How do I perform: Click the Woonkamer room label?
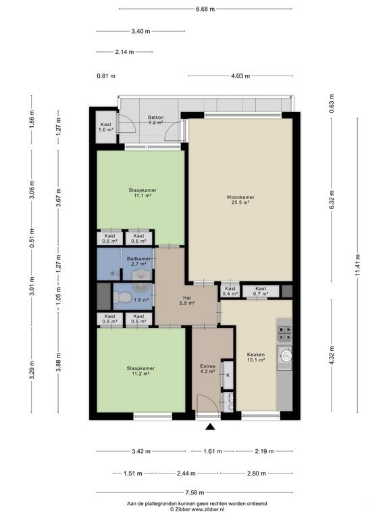(x=240, y=200)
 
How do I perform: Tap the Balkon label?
(x=155, y=119)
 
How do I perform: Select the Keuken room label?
(x=256, y=357)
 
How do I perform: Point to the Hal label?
(x=187, y=300)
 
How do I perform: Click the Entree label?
(x=208, y=369)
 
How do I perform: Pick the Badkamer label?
(x=138, y=261)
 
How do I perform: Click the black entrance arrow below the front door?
(x=210, y=427)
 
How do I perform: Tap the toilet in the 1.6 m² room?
(x=121, y=297)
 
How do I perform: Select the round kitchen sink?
(x=286, y=355)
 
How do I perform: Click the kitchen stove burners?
(x=284, y=333)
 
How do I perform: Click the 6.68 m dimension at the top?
(x=205, y=9)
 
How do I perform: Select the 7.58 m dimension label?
(x=194, y=492)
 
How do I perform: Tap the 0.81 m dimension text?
(x=106, y=76)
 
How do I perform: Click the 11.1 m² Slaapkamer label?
(x=142, y=193)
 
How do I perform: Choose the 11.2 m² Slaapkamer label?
(x=140, y=371)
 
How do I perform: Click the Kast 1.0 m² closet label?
(x=106, y=127)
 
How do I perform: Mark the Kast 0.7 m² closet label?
(x=261, y=291)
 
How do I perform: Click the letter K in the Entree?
(x=228, y=375)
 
